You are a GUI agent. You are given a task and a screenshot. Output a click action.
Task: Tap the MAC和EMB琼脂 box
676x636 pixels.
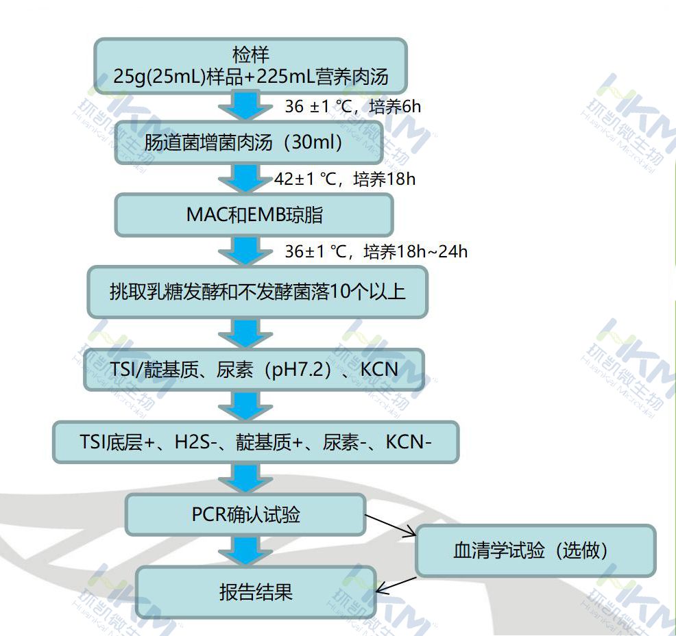(x=254, y=214)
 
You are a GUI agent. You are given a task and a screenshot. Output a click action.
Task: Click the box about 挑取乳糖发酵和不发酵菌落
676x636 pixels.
(x=257, y=292)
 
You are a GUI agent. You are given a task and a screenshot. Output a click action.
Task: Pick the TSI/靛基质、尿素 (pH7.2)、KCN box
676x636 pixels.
(x=254, y=370)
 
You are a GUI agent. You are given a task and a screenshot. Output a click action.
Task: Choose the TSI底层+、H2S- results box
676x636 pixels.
(x=255, y=442)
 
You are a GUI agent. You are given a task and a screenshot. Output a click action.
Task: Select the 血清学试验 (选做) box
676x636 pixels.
(x=535, y=550)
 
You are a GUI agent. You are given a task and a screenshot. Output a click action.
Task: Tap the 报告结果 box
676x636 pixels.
(x=256, y=592)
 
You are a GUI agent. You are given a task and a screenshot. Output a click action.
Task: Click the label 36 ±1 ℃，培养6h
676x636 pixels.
(x=352, y=106)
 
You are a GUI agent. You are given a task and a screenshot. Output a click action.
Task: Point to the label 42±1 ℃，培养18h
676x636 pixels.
(x=345, y=179)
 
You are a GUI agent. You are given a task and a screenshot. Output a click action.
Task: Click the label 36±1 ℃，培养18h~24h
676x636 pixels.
(x=376, y=251)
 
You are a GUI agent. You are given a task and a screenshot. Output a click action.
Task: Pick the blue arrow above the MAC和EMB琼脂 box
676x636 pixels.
(x=245, y=179)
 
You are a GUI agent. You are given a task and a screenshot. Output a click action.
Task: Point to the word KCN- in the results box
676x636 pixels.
(x=409, y=442)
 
